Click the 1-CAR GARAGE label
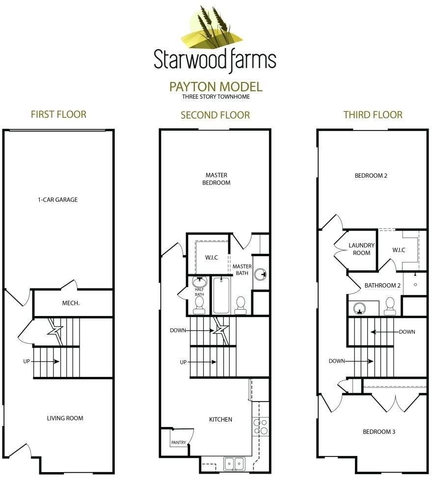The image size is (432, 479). click(58, 200)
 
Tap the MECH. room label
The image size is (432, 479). click(71, 303)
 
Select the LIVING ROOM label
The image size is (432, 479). click(65, 418)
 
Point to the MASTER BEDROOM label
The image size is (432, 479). click(216, 179)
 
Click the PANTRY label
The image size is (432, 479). click(178, 442)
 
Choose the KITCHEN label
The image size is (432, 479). click(220, 420)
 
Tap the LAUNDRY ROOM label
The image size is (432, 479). click(361, 249)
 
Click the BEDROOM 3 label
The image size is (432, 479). click(379, 432)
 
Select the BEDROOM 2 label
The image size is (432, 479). click(371, 176)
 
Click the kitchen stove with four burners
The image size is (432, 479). click(260, 427)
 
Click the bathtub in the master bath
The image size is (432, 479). click(221, 295)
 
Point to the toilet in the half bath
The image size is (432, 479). click(199, 305)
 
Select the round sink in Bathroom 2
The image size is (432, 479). click(359, 309)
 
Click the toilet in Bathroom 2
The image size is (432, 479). click(390, 306)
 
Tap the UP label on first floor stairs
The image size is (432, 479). click(27, 361)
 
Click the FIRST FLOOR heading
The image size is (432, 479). click(58, 114)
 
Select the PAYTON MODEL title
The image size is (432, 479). click(216, 87)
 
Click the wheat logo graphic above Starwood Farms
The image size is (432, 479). click(212, 27)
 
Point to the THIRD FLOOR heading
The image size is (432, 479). click(373, 114)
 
